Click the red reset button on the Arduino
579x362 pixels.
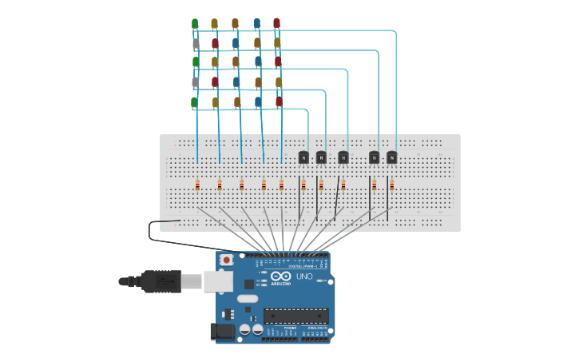coord(227,260)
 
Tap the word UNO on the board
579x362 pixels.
coord(304,276)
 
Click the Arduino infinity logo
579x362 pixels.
coord(280,276)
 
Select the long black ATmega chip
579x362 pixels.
coord(295,316)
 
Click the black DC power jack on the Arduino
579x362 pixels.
coord(224,331)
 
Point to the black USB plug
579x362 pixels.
coord(161,281)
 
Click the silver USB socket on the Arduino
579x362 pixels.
coord(217,281)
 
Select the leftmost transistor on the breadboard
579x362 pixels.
coord(303,157)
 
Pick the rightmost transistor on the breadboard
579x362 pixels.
coord(391,157)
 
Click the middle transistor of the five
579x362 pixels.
coord(343,157)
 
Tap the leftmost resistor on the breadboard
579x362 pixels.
coord(197,185)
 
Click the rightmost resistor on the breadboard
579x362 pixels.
coord(391,185)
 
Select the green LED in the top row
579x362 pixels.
coord(195,24)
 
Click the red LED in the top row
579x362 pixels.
coord(276,24)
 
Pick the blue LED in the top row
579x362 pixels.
coord(256,24)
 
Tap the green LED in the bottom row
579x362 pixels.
coord(194,102)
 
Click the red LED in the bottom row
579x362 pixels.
coord(279,101)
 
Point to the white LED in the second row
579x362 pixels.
coord(196,43)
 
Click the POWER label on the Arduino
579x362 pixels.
coord(290,328)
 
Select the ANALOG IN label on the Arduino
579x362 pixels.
coord(317,328)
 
